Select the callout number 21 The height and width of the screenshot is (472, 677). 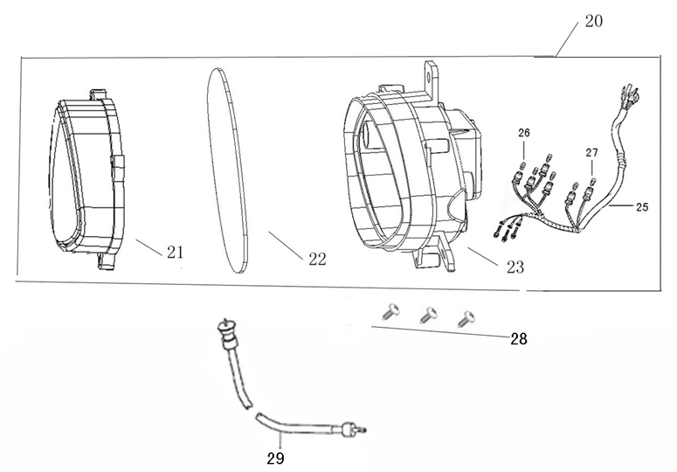click(x=175, y=253)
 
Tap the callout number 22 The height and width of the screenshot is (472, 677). click(x=316, y=259)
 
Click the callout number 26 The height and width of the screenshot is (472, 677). click(x=523, y=134)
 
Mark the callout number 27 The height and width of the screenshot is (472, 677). click(x=591, y=152)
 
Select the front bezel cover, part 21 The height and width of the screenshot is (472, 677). click(x=87, y=175)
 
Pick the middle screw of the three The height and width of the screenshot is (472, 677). click(x=427, y=313)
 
